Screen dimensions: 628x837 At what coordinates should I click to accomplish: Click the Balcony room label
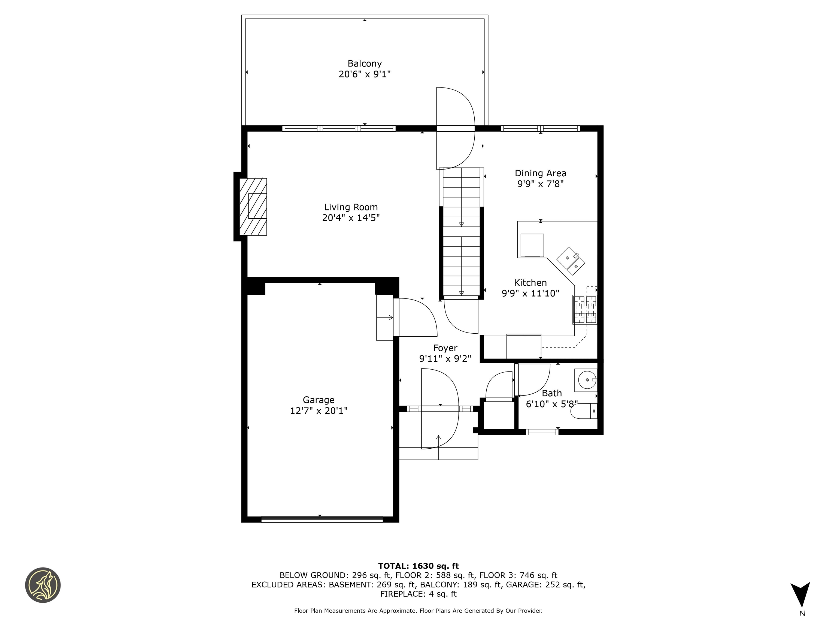[x=364, y=64]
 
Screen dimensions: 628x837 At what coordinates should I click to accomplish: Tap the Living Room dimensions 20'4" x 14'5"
[x=351, y=218]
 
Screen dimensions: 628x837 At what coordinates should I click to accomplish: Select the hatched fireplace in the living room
[x=253, y=207]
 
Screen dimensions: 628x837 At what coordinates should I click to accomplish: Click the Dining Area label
[x=540, y=173]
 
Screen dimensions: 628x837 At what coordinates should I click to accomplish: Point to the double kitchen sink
[x=571, y=261]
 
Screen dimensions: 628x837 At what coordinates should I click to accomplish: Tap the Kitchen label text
[x=530, y=283]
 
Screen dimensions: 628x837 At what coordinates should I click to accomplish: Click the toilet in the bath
[x=584, y=411]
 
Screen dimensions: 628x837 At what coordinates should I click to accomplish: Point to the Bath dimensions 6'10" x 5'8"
[x=552, y=404]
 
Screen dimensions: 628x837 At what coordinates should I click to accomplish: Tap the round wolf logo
[x=43, y=585]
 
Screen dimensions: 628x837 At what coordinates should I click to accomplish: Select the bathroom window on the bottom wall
[x=542, y=431]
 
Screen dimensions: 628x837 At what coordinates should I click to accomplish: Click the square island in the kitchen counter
[x=532, y=245]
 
